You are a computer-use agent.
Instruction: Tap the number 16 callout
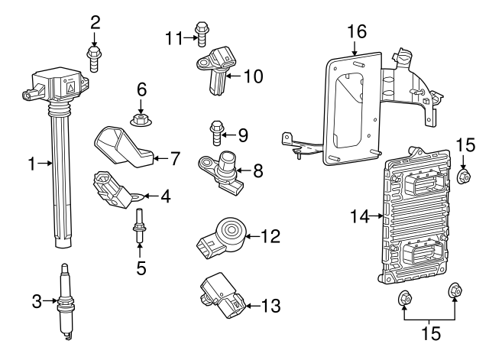click(356, 31)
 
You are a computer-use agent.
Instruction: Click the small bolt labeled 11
click(202, 31)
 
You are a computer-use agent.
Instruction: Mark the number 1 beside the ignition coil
click(32, 162)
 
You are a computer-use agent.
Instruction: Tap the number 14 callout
click(360, 216)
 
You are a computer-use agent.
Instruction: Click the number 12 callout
click(270, 236)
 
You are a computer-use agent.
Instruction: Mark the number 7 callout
click(174, 159)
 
